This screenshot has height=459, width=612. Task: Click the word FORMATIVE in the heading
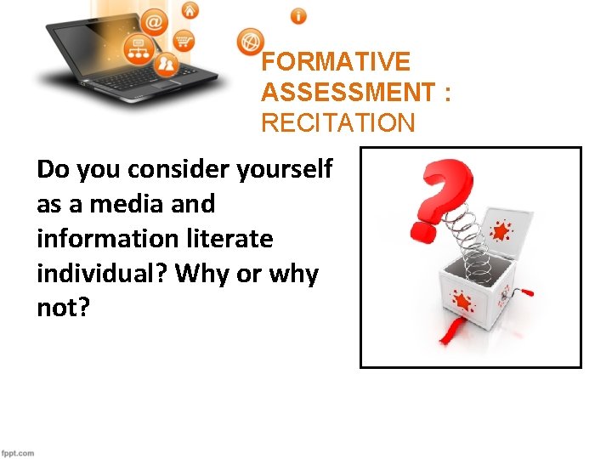pyautogui.click(x=336, y=62)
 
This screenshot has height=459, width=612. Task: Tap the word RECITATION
pyautogui.click(x=338, y=123)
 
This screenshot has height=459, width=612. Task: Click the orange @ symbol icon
pyautogui.click(x=156, y=20)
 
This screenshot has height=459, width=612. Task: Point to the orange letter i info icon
pyautogui.click(x=298, y=15)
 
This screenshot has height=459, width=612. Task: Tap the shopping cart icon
pyautogui.click(x=183, y=40)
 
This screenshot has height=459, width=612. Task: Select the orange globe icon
pyautogui.click(x=251, y=40)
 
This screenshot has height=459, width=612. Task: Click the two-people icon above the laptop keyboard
pyautogui.click(x=168, y=62)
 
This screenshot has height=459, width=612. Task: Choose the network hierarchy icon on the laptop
pyautogui.click(x=137, y=47)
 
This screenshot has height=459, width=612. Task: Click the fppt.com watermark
pyautogui.click(x=18, y=452)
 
